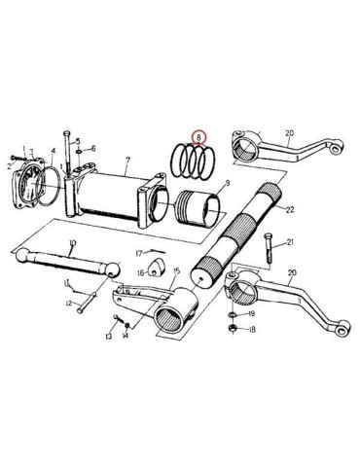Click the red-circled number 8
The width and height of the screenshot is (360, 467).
[198, 139]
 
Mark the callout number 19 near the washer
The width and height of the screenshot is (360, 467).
[250, 316]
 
